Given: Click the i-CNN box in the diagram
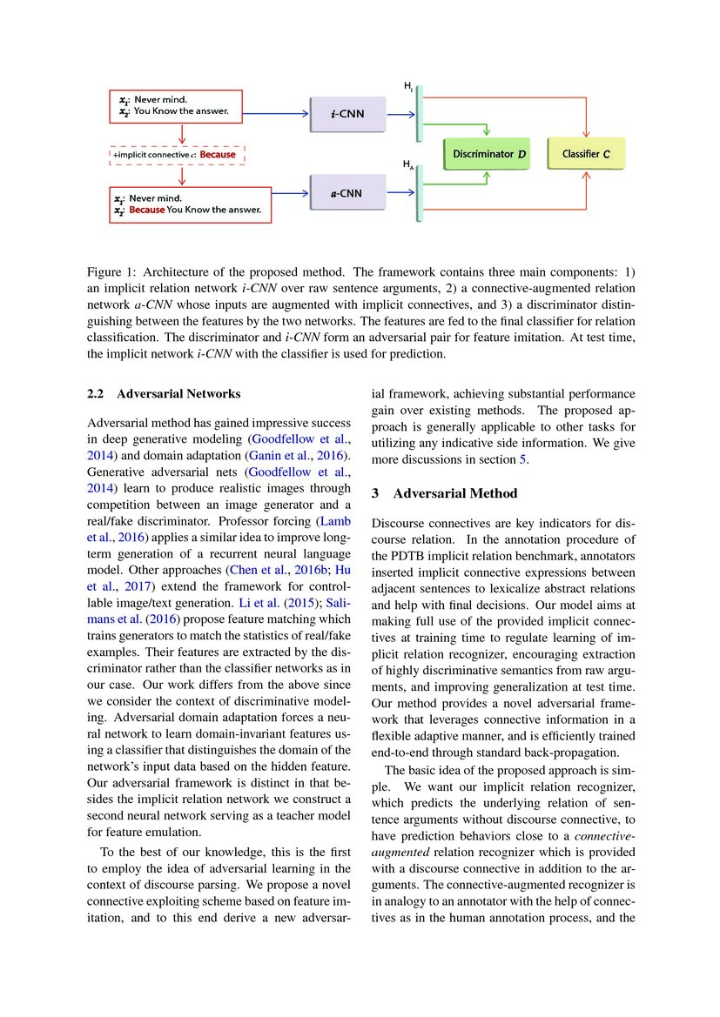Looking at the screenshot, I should coord(347,115).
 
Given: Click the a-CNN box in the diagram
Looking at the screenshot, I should coord(347,193).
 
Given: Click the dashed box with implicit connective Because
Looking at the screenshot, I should coord(178,155).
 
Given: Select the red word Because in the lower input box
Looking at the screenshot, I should coord(147,211).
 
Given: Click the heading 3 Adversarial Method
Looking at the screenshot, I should coord(444,493).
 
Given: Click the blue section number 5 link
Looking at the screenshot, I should coord(523,458).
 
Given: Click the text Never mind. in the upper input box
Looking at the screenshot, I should coord(161,99).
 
